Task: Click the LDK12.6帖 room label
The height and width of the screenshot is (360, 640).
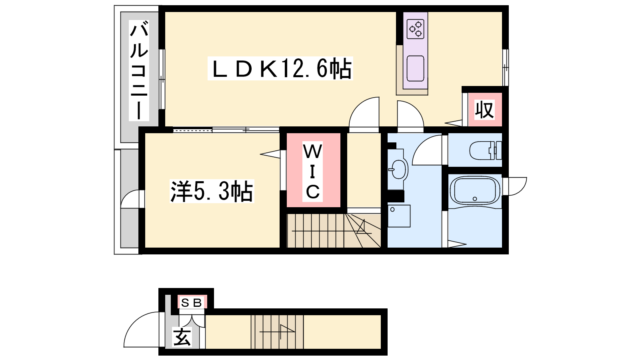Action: [x=280, y=68]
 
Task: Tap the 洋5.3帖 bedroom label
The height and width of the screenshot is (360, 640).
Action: [x=212, y=191]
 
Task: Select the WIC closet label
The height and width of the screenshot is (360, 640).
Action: [x=312, y=172]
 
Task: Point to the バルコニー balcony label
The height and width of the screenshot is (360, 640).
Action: [x=139, y=70]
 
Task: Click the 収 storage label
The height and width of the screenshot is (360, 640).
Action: [x=484, y=110]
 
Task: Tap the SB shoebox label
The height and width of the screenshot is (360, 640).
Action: [x=192, y=302]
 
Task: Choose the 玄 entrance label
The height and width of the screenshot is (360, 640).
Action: [x=182, y=337]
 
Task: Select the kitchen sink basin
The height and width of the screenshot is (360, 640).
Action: [x=416, y=68]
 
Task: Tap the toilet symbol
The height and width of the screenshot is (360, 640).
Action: [x=486, y=150]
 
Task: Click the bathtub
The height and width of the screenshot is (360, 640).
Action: [x=475, y=190]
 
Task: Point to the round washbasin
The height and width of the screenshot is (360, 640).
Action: [x=398, y=169]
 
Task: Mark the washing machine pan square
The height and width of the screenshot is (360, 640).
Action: [x=399, y=216]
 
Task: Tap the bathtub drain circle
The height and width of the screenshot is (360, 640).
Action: [x=475, y=199]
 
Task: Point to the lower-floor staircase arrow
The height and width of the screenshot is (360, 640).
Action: [x=277, y=332]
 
